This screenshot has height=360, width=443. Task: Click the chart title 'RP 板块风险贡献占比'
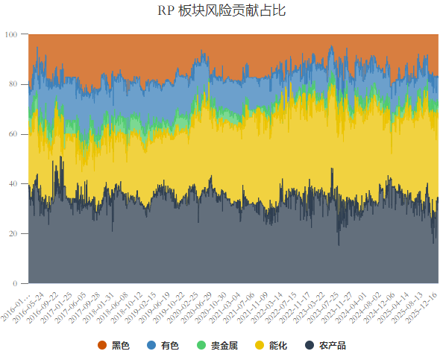pos(221,11)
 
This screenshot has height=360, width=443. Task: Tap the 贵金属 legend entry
pos(213,345)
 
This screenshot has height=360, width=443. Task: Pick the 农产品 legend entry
pos(325,345)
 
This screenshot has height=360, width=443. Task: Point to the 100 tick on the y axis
pos(14,34)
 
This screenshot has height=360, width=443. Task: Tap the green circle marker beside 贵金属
pos(197,345)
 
